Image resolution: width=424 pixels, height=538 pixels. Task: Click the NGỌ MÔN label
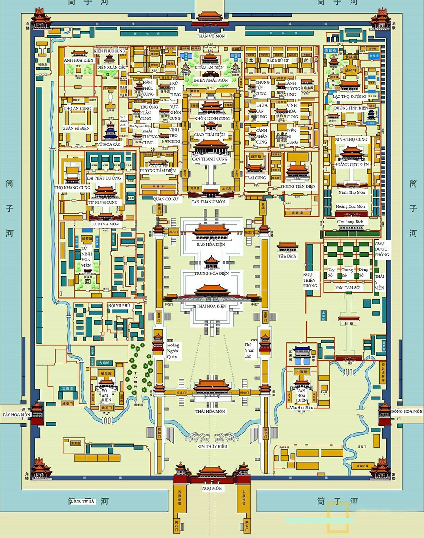pyautogui.click(x=212, y=488)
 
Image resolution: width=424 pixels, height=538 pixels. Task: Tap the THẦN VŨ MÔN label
pyautogui.click(x=211, y=36)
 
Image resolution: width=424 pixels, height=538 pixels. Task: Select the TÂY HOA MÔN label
pyautogui.click(x=16, y=414)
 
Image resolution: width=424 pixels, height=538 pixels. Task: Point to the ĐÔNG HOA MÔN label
pyautogui.click(x=407, y=411)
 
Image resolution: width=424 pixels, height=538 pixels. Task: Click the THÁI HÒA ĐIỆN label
pyautogui.click(x=212, y=306)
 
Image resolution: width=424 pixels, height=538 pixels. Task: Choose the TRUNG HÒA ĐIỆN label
pyautogui.click(x=212, y=273)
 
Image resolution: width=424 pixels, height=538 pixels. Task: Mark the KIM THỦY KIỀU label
pyautogui.click(x=212, y=447)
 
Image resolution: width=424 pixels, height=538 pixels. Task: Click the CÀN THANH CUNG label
pyautogui.click(x=209, y=159)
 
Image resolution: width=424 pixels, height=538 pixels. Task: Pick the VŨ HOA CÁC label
pyautogui.click(x=109, y=144)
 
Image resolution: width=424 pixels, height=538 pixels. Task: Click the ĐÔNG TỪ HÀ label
pyautogui.click(x=82, y=501)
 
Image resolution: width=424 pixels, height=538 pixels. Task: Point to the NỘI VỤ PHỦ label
pyautogui.click(x=119, y=306)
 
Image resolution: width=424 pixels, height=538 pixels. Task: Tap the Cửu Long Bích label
pyautogui.click(x=350, y=222)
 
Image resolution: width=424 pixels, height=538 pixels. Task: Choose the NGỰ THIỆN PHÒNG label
pyautogui.click(x=310, y=280)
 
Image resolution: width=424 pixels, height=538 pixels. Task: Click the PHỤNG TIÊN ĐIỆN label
pyautogui.click(x=298, y=186)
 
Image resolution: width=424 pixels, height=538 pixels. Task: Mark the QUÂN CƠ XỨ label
pyautogui.click(x=165, y=199)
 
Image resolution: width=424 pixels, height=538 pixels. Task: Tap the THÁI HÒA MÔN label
pyautogui.click(x=210, y=411)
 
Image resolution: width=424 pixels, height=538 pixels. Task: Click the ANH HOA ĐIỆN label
pyautogui.click(x=78, y=61)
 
